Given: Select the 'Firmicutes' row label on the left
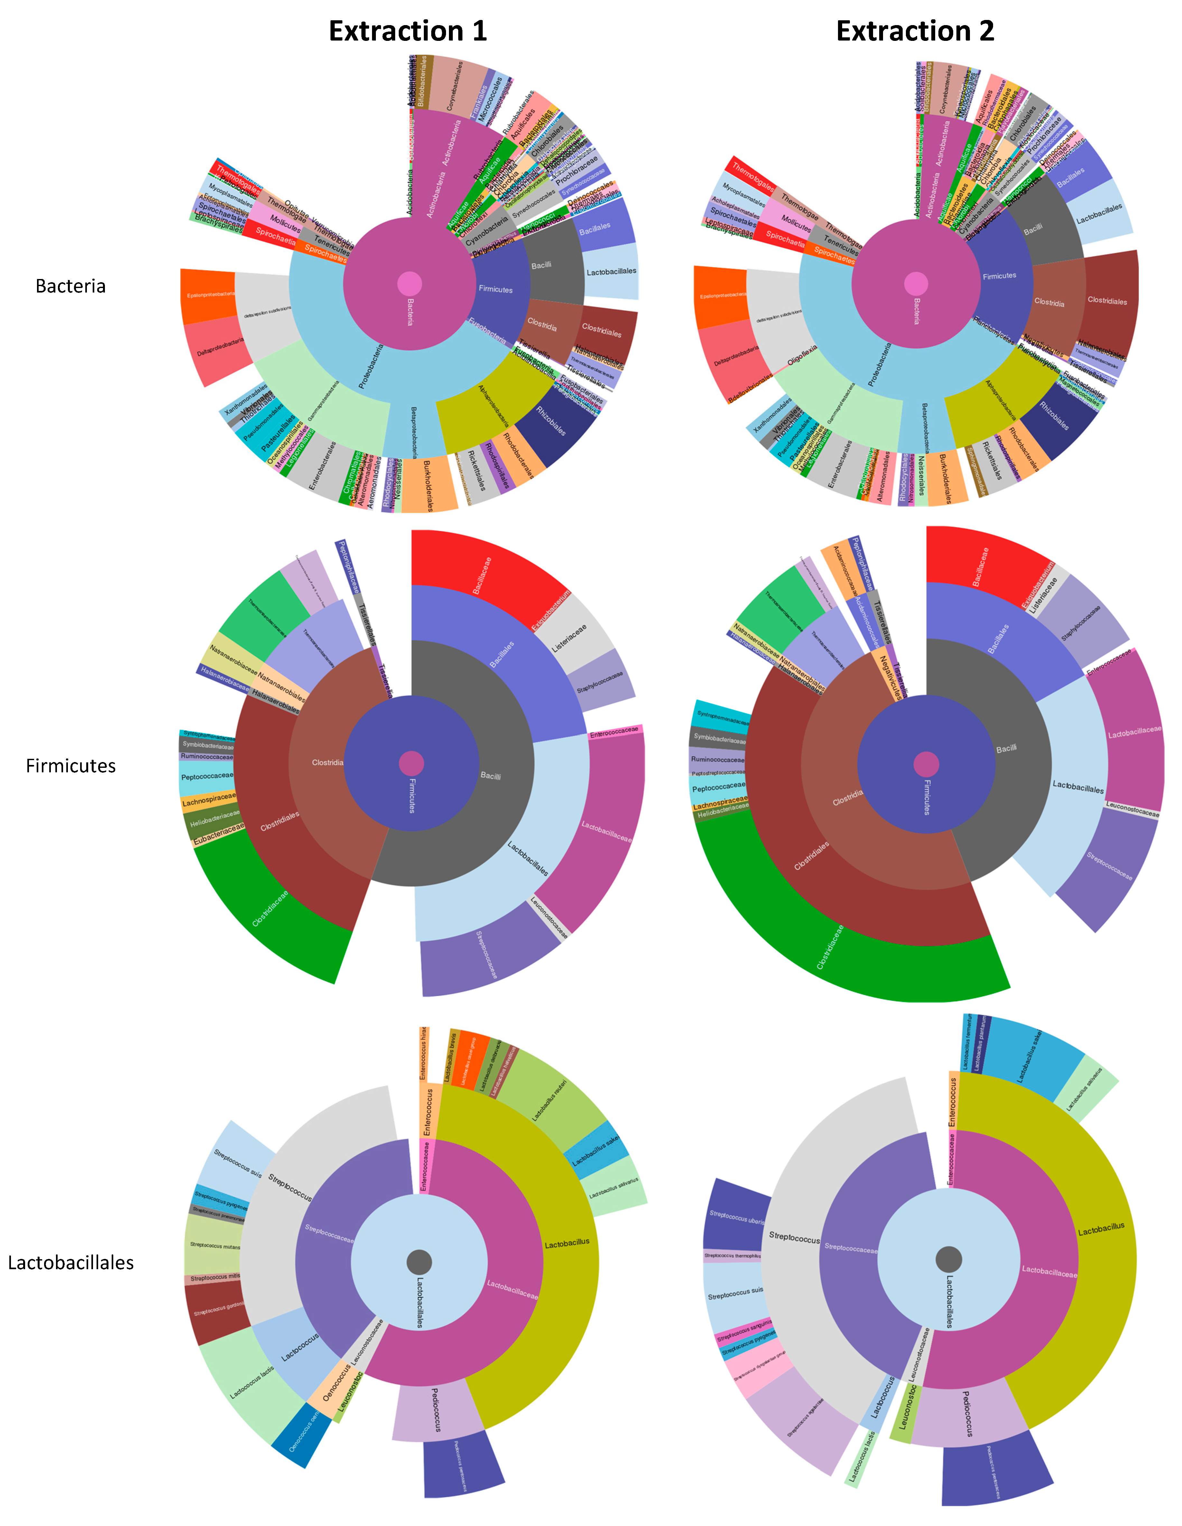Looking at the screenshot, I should pos(70,766).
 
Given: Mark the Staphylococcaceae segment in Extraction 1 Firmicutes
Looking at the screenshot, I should pos(601,678).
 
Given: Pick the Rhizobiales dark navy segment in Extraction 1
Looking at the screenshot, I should pos(552,423).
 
